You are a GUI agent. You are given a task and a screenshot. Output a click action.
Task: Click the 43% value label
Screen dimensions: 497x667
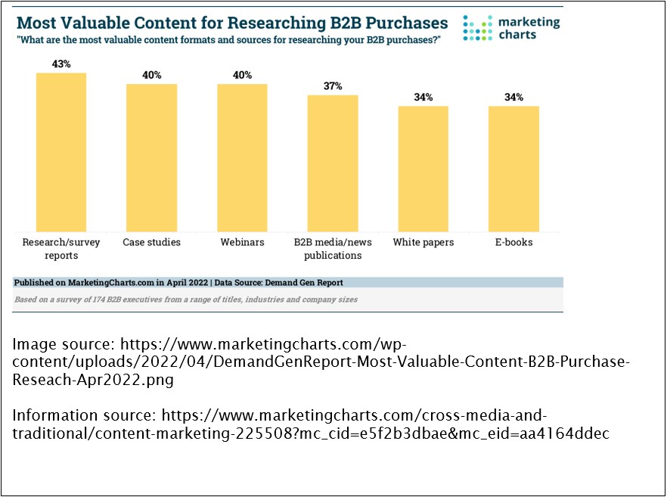click(x=61, y=64)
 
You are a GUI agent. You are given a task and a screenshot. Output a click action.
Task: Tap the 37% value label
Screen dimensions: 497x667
click(x=332, y=86)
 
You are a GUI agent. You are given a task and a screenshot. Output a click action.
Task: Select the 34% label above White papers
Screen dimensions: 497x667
click(x=423, y=97)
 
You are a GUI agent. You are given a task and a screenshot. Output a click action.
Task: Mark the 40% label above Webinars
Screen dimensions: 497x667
click(x=242, y=75)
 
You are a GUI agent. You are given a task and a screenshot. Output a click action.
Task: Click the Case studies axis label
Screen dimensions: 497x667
click(x=151, y=243)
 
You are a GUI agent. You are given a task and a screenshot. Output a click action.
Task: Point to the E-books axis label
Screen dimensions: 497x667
click(x=513, y=243)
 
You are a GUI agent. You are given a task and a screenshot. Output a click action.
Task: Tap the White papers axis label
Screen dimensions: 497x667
click(x=423, y=243)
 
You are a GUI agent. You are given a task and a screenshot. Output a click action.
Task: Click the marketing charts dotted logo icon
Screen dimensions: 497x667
click(x=478, y=27)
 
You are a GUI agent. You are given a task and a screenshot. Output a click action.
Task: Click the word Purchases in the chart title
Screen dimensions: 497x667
click(x=402, y=21)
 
